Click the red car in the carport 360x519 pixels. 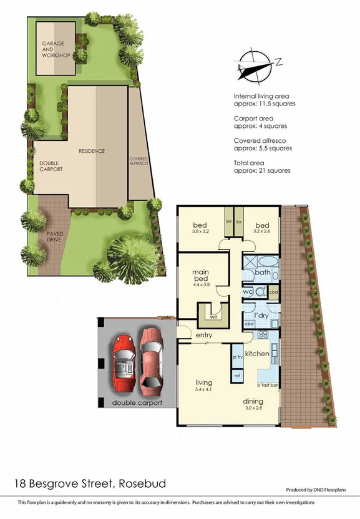pyautogui.click(x=123, y=362)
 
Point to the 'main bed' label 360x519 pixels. pyautogui.click(x=200, y=275)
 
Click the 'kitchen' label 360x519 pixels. pyautogui.click(x=256, y=354)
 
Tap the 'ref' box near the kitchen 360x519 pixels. pyautogui.click(x=237, y=376)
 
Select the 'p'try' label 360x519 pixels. pyautogui.click(x=237, y=357)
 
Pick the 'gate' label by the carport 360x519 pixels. pyautogui.click(x=165, y=318)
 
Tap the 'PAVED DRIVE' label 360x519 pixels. pyautogui.click(x=46, y=236)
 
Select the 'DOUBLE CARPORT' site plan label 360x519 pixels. pyautogui.click(x=51, y=166)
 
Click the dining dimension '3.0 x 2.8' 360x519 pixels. pyautogui.click(x=253, y=408)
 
